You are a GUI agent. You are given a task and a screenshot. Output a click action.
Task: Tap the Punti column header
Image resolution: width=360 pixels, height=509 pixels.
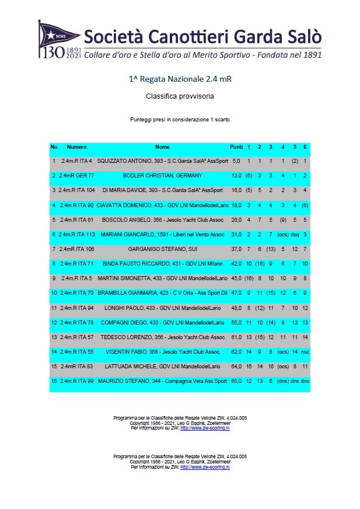click(x=236, y=147)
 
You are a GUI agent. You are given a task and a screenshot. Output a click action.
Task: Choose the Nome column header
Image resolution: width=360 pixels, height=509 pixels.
click(x=162, y=147)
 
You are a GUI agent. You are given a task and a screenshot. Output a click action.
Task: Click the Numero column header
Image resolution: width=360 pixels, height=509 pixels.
click(x=76, y=147)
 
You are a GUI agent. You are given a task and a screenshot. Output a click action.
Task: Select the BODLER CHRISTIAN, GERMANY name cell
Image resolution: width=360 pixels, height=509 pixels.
click(x=162, y=175)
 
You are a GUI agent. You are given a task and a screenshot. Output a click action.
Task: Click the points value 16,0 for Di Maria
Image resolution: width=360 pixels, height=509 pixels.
click(x=236, y=190)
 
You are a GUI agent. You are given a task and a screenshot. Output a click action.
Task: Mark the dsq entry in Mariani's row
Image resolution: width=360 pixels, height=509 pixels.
click(x=295, y=234)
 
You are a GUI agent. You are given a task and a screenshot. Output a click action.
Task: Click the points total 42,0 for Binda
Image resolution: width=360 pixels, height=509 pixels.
click(x=236, y=264)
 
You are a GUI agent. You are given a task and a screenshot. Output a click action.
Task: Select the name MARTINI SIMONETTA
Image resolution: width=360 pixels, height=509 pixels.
click(x=122, y=278)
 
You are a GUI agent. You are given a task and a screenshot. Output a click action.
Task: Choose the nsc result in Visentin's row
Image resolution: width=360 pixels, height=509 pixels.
click(x=305, y=353)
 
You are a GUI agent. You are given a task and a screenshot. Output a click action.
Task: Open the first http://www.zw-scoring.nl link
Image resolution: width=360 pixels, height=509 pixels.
click(x=205, y=428)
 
